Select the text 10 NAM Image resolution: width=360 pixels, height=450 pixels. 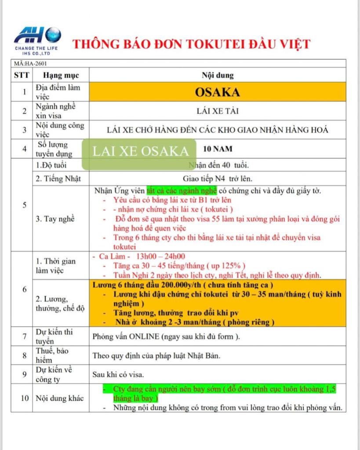coord(217,149)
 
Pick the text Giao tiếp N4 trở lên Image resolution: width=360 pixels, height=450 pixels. coord(218,179)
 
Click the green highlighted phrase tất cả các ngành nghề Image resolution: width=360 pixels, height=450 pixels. coord(182,191)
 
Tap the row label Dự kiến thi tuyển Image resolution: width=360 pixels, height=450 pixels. coord(54,336)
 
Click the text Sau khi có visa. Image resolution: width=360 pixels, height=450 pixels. coord(117,374)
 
